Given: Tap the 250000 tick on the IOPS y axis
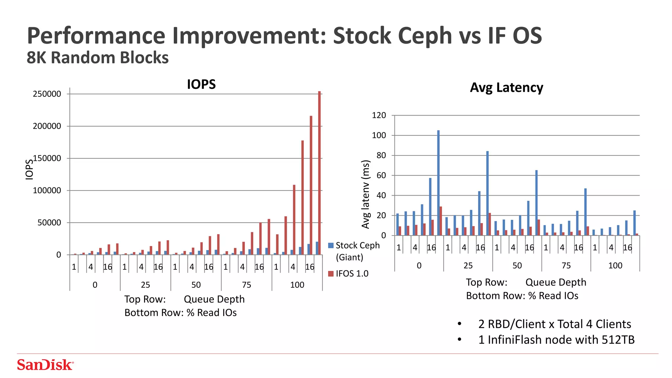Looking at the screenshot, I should [47, 94].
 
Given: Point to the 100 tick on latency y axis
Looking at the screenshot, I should [379, 136].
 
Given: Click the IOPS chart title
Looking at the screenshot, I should [201, 84].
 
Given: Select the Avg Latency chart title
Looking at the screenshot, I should [506, 88].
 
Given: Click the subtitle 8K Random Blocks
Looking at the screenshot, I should [97, 58].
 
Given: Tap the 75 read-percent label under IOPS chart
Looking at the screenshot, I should [246, 285].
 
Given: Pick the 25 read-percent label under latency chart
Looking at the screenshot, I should [468, 265].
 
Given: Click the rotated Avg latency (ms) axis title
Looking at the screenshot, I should [366, 194].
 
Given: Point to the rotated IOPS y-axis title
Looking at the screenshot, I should [29, 169].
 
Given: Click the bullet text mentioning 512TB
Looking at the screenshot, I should [556, 340].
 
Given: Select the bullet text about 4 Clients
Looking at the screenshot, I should [555, 324].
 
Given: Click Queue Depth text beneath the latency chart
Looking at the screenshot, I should [556, 282].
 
